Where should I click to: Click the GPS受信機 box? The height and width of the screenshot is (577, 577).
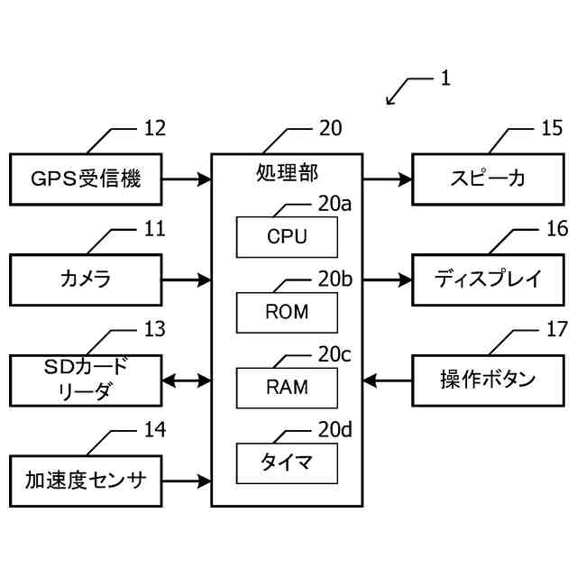tap(87, 179)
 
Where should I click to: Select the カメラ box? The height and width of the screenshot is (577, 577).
tap(87, 279)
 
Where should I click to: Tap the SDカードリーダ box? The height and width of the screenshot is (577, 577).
tap(87, 380)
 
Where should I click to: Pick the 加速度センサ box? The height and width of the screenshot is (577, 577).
tap(87, 481)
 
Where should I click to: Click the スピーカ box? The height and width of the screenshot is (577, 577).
tap(488, 179)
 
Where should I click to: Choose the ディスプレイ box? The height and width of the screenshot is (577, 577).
tap(488, 279)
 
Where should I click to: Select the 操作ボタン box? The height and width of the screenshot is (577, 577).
tap(488, 380)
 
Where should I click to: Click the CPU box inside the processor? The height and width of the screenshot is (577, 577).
tap(288, 237)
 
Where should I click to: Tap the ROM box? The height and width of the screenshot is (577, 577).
tap(288, 313)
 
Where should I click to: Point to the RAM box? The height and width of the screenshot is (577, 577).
tap(288, 388)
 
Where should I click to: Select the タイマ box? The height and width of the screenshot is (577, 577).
tap(288, 463)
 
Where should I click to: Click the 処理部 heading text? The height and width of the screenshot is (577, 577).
tap(287, 171)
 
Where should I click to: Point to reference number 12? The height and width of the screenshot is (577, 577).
tap(154, 128)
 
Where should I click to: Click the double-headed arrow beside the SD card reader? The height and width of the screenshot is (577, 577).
tap(187, 380)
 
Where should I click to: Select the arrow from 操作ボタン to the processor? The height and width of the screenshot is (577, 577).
tap(387, 380)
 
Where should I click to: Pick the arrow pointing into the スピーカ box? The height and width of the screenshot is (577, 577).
tap(387, 179)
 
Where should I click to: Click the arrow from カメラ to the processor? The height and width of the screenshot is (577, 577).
tap(187, 279)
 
